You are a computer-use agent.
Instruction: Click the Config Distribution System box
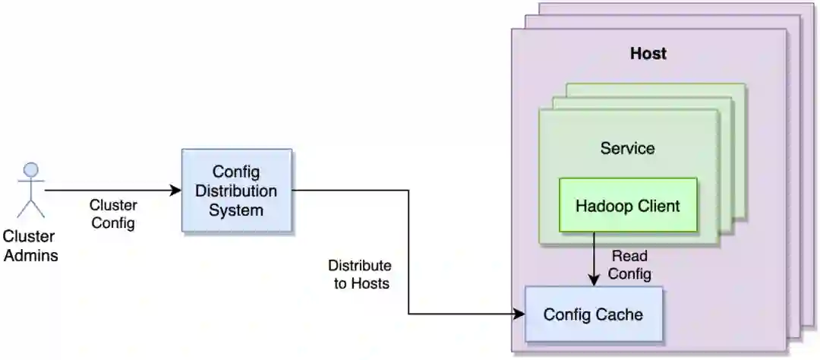click(x=236, y=190)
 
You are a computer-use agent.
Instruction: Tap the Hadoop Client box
click(x=627, y=205)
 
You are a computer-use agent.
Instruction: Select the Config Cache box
click(x=593, y=314)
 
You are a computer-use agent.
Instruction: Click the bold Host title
click(x=648, y=54)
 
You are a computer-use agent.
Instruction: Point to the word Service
click(x=627, y=148)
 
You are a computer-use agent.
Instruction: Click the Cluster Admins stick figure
click(x=31, y=190)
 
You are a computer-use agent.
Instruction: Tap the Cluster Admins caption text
click(x=30, y=246)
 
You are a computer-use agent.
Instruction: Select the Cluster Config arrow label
click(x=113, y=214)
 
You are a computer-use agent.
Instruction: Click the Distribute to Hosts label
click(x=359, y=275)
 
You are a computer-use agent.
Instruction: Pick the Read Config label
click(x=630, y=265)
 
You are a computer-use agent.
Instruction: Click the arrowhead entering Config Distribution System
click(x=176, y=190)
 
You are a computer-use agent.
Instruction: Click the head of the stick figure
click(x=31, y=169)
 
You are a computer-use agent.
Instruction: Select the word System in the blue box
click(x=236, y=210)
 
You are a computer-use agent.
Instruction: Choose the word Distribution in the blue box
click(x=236, y=190)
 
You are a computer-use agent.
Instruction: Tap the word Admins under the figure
click(x=30, y=255)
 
